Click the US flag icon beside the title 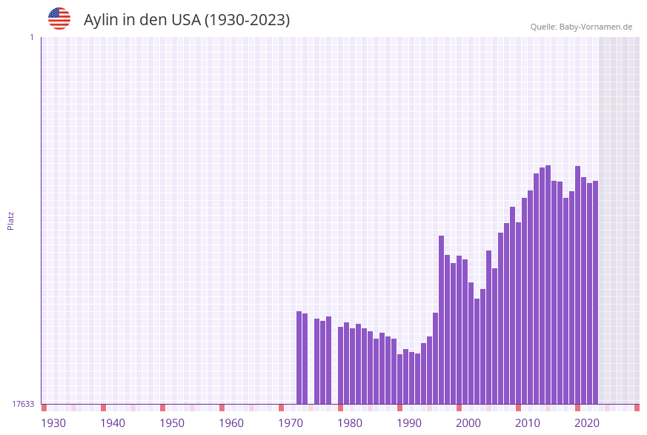click(59, 19)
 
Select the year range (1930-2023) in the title click(247, 20)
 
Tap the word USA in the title click(185, 20)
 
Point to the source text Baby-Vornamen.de click(595, 27)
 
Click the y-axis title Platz click(11, 220)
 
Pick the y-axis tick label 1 click(31, 37)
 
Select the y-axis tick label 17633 click(23, 404)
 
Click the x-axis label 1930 click(53, 423)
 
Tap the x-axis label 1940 click(113, 423)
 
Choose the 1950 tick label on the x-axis click(172, 423)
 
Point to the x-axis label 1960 click(231, 423)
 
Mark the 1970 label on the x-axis click(291, 423)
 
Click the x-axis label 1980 click(350, 423)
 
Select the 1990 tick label click(409, 423)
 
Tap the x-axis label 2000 click(468, 423)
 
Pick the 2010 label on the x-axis click(528, 423)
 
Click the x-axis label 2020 click(587, 423)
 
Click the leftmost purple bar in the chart click(299, 357)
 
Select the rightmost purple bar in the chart click(595, 292)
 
